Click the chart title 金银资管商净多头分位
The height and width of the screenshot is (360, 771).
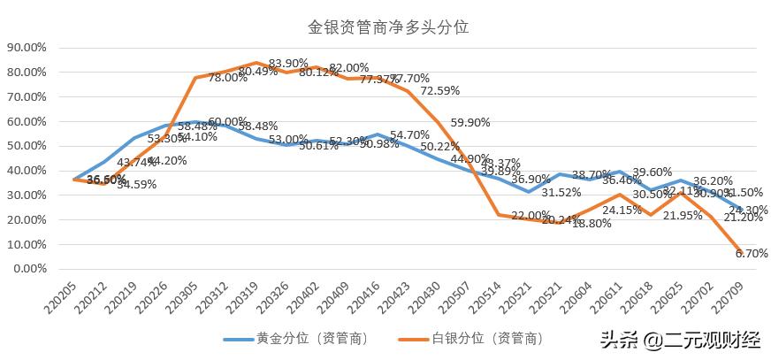tap(387, 27)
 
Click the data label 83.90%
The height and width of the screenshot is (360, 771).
tap(288, 64)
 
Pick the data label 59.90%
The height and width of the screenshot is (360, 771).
tap(470, 123)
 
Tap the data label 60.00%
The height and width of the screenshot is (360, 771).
tap(227, 121)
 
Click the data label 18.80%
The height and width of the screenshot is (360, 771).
tap(592, 224)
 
